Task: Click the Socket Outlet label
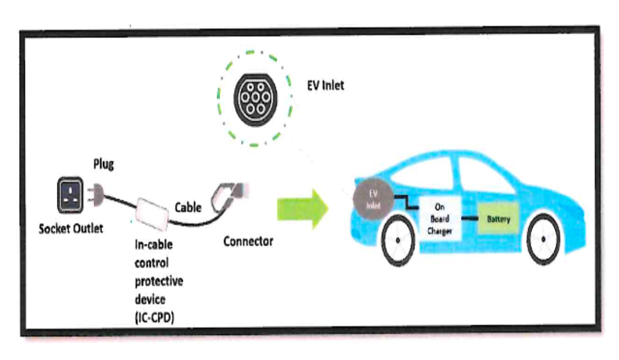tap(71, 229)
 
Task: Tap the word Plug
tap(104, 164)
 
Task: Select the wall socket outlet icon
tap(70, 194)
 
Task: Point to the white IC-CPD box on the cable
tap(152, 214)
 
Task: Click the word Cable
tap(188, 207)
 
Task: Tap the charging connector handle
tap(229, 196)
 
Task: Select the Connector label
tap(248, 241)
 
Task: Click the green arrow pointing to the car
tap(302, 208)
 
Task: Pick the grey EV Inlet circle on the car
tap(373, 199)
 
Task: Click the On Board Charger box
tap(440, 218)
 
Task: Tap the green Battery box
tap(498, 219)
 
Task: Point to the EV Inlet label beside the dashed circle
tap(326, 85)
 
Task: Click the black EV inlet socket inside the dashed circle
tap(256, 99)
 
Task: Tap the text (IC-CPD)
tap(154, 317)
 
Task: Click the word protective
tap(159, 281)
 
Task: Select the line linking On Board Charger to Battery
tap(469, 218)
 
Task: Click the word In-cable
tap(153, 245)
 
